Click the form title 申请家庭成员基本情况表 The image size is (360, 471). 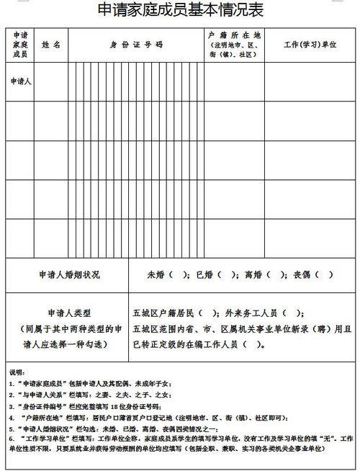click(180, 11)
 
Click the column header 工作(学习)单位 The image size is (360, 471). click(310, 45)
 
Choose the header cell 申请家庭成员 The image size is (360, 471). click(20, 45)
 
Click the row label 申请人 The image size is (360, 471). click(20, 82)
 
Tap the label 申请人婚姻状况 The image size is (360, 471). click(69, 275)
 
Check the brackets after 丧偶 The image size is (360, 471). click(320, 275)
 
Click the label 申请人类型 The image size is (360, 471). click(69, 314)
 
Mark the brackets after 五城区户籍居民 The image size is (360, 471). click(210, 313)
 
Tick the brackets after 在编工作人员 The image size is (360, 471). click(253, 344)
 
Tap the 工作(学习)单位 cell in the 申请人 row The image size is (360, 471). click(310, 82)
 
